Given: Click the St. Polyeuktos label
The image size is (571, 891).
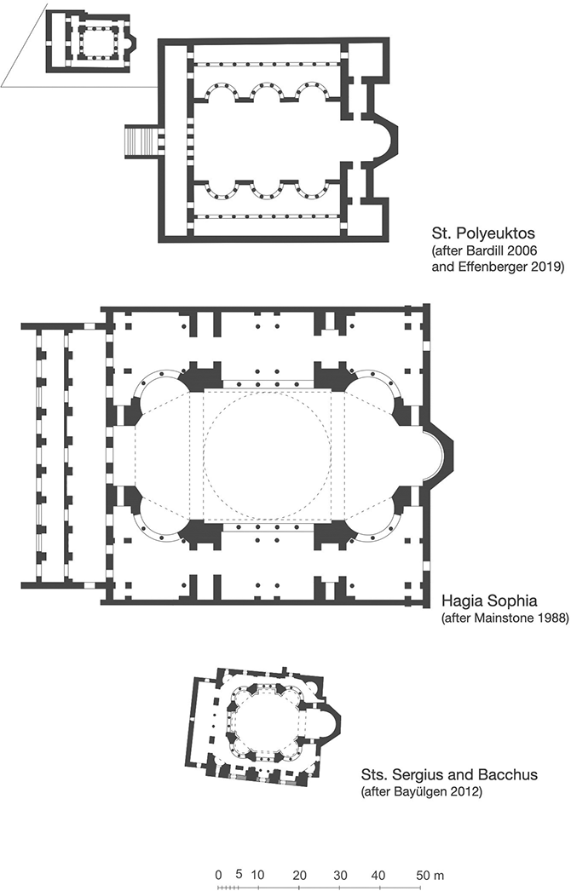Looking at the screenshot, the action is [x=483, y=233].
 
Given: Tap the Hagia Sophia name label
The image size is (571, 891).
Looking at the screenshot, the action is [x=489, y=601].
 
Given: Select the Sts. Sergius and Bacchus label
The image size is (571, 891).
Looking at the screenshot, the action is [x=449, y=774].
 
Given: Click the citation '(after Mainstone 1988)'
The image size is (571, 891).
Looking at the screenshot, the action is [x=505, y=618].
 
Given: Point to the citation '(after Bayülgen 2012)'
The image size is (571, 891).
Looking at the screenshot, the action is [x=421, y=791].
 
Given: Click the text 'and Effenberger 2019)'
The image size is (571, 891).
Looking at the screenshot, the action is [x=498, y=266].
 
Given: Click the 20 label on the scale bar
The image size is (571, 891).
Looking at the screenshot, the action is [x=300, y=875].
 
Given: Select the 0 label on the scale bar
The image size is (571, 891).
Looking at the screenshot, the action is [x=218, y=875].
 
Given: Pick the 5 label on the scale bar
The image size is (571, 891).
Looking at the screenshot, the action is [x=239, y=874].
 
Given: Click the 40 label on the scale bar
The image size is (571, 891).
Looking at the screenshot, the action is [x=378, y=875].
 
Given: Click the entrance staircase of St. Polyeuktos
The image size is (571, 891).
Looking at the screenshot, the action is [x=141, y=141].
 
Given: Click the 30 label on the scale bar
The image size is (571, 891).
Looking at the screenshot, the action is [x=340, y=875].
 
